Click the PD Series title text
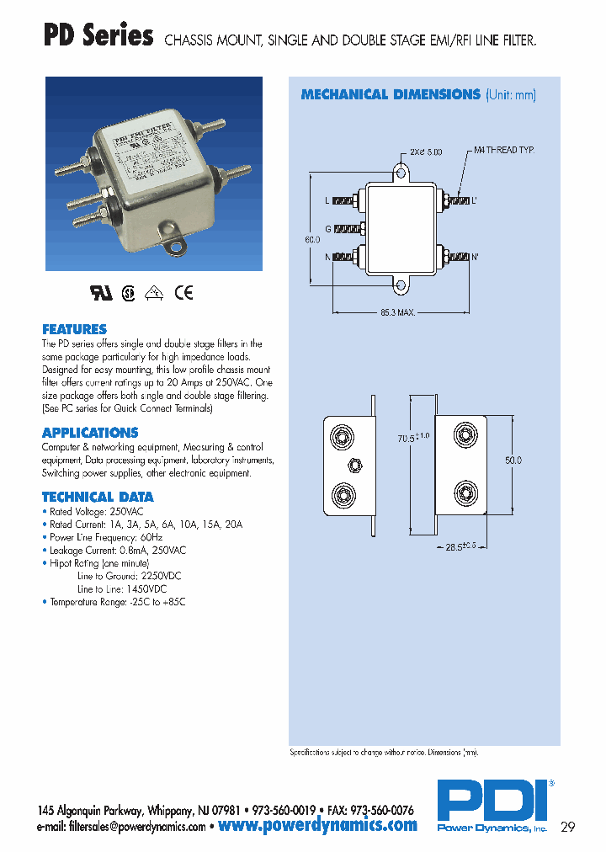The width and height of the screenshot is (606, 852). click(98, 37)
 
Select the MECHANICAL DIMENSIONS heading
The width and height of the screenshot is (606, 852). click(390, 95)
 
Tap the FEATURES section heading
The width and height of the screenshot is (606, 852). click(74, 329)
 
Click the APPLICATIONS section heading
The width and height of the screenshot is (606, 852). click(90, 433)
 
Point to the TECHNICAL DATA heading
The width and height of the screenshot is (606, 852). click(98, 497)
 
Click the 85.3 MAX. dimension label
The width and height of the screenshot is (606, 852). click(398, 313)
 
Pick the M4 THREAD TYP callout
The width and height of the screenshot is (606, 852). click(504, 150)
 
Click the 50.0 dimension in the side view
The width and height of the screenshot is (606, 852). click(513, 461)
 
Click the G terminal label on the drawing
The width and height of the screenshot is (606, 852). click(327, 229)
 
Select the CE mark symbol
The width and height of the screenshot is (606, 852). click(183, 293)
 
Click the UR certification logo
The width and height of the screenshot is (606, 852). click(100, 293)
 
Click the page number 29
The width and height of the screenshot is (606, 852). click(567, 827)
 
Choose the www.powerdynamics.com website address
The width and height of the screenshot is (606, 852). click(317, 826)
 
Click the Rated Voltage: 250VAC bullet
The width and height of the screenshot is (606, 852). click(95, 511)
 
